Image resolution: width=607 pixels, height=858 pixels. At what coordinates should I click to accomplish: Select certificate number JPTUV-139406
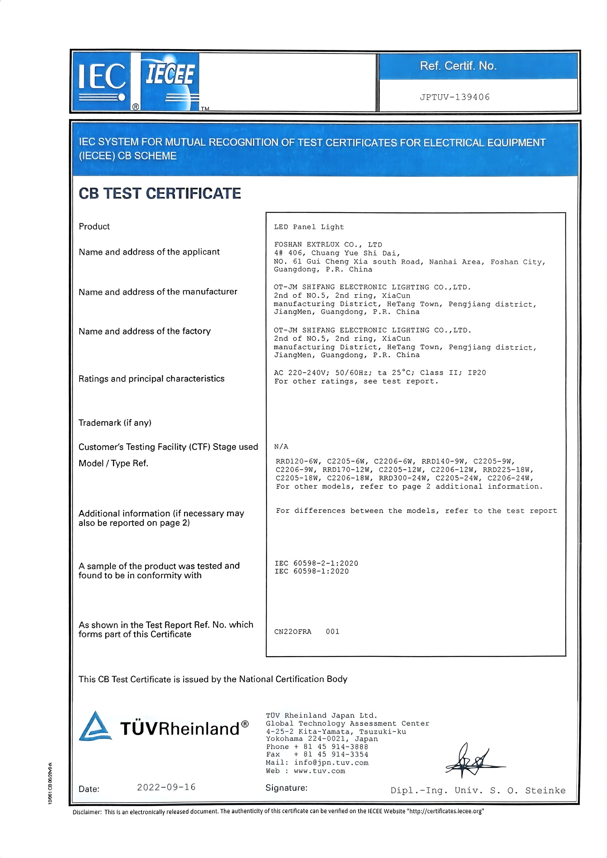(x=455, y=97)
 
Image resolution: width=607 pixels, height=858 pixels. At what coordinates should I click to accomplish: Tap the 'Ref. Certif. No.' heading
(x=458, y=66)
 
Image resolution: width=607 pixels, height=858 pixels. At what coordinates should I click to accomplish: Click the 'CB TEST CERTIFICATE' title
(x=160, y=193)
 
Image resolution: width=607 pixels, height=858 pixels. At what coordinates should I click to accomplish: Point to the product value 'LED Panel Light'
(x=309, y=227)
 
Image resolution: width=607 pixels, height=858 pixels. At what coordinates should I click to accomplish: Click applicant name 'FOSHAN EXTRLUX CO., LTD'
(x=328, y=245)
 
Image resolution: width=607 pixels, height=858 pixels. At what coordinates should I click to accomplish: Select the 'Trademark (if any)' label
(x=115, y=423)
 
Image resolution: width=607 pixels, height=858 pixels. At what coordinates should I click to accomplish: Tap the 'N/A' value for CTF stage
(x=281, y=446)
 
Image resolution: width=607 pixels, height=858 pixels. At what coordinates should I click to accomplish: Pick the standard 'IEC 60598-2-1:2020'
(x=316, y=563)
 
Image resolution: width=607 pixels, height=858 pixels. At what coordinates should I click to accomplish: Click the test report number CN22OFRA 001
(x=307, y=631)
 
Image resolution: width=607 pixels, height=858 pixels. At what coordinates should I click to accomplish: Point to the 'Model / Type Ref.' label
(x=113, y=463)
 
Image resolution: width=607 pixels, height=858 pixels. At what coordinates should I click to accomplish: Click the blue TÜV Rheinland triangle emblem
(x=95, y=726)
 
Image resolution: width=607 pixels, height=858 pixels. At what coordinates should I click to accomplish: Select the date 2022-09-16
(x=166, y=787)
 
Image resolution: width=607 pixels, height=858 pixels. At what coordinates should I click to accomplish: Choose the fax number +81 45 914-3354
(x=331, y=754)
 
